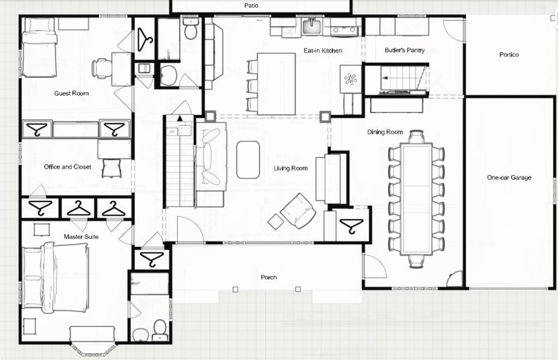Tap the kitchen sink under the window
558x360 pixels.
point(312,26)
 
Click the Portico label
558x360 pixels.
point(509,54)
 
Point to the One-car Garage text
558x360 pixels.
point(509,178)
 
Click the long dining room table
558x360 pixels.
point(416,199)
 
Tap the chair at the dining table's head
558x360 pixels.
point(416,136)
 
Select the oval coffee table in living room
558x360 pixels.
point(248,159)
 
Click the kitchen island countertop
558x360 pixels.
point(276,83)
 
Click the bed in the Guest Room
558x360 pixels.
point(39,47)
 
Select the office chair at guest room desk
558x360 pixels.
point(101,68)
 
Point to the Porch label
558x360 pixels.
point(268,277)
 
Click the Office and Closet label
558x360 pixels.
point(68,167)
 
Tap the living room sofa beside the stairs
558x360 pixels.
point(211,157)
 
